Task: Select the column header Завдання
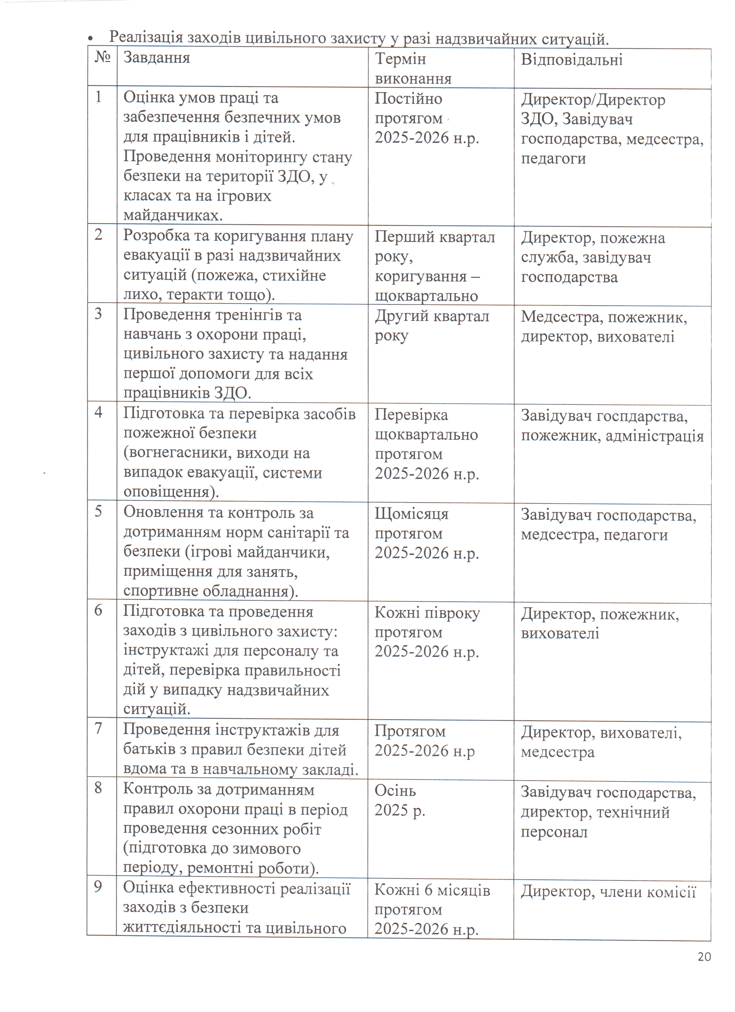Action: pos(157,58)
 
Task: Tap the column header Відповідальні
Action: pos(571,60)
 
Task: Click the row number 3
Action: pos(99,314)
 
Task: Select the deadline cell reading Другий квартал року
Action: pos(431,326)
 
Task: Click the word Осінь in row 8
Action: pos(395,791)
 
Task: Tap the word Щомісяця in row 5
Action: pos(411,514)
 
